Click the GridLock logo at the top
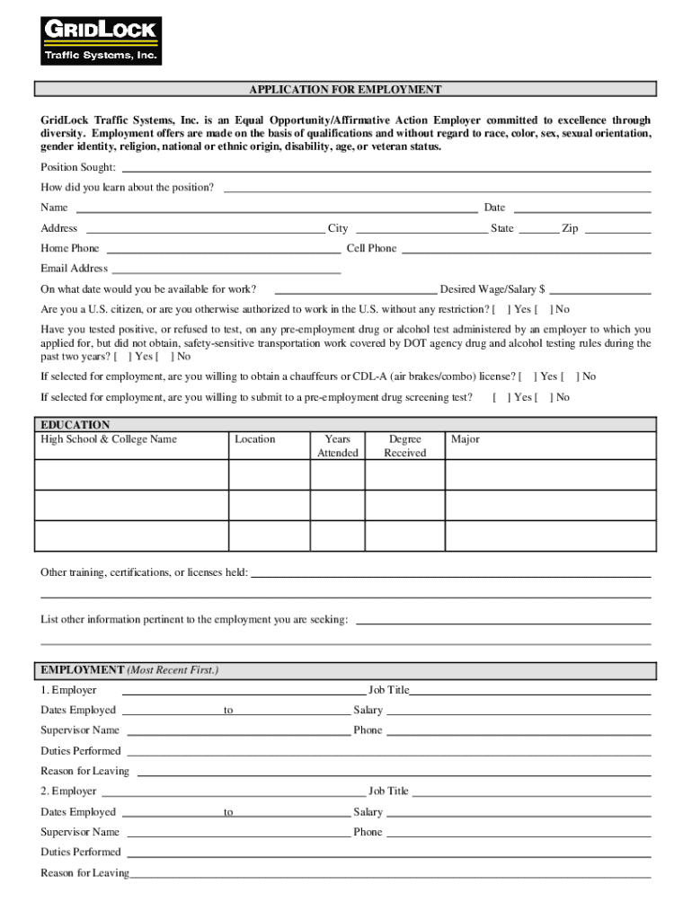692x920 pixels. [101, 40]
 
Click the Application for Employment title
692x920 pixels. [345, 90]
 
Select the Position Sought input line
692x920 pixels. [386, 169]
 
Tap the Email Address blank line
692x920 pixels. [226, 270]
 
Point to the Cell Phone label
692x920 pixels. [371, 249]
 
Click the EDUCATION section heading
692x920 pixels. [75, 425]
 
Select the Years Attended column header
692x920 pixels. [337, 446]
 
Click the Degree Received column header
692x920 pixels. [405, 446]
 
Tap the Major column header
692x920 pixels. [466, 439]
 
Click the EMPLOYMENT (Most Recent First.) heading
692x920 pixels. [129, 670]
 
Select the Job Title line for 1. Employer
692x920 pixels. [530, 693]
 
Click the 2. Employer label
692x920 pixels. [68, 792]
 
